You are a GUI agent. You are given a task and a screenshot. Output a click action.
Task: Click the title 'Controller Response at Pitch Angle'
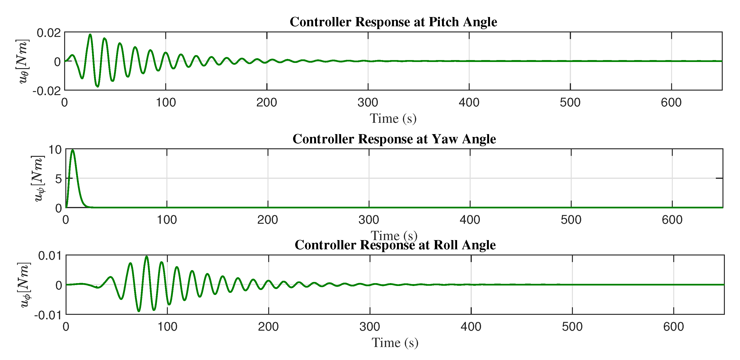pos(393,22)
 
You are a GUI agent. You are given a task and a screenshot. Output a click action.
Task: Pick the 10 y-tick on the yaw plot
pos(55,149)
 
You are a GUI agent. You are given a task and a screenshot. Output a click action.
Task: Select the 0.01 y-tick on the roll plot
pos(50,255)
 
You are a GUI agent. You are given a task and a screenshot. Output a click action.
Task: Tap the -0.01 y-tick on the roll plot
pos(48,315)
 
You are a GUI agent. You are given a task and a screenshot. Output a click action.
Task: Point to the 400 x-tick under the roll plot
pos(471,327)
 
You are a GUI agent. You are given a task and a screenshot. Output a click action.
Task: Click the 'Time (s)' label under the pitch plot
pos(393,119)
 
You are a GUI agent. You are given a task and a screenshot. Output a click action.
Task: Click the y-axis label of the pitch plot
pos(22,61)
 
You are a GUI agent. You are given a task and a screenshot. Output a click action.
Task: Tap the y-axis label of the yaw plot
pos(38,178)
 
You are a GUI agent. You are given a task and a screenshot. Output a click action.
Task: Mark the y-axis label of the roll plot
pos(24,285)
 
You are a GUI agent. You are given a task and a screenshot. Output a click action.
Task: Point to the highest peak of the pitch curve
pos(90,35)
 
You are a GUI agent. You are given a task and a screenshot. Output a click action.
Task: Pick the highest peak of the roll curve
pos(147,256)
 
